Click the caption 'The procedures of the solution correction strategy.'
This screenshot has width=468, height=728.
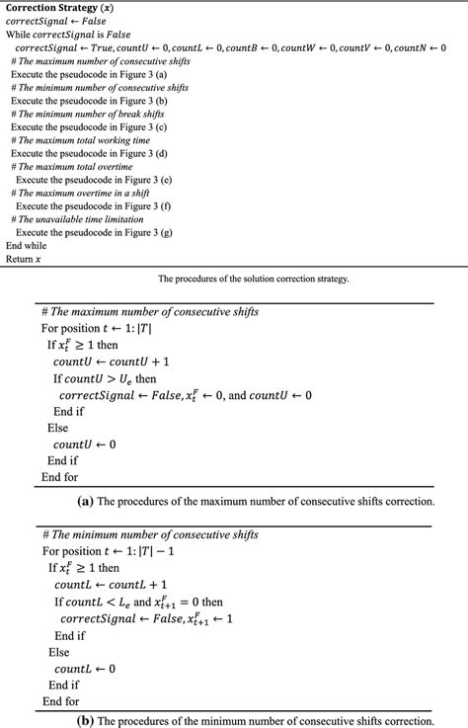coord(253,279)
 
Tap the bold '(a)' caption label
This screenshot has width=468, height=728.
coord(85,501)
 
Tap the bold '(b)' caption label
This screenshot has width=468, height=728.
coord(85,720)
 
